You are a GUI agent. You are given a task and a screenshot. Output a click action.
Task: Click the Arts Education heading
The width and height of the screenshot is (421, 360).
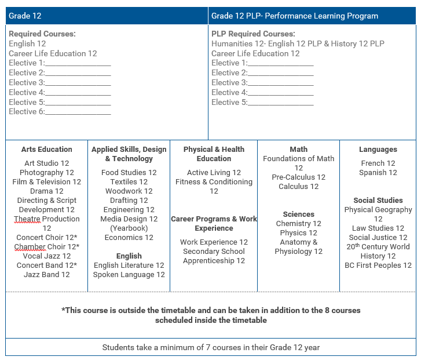47,150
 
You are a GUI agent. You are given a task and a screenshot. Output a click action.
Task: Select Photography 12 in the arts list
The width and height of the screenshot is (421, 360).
47,173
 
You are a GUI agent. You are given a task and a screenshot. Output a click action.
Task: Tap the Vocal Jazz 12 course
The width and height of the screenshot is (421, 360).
47,256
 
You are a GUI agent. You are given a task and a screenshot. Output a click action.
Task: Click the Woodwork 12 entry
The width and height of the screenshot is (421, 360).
129,191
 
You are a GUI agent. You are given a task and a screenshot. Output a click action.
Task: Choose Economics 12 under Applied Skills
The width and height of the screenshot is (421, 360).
129,238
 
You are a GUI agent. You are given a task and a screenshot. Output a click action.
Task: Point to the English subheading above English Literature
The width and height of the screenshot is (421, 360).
129,256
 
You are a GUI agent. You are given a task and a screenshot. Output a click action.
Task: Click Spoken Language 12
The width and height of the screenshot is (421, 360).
129,275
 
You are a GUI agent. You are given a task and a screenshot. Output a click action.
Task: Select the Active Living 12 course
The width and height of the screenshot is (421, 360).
214,173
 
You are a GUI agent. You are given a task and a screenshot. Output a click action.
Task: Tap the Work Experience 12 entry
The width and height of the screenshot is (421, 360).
214,242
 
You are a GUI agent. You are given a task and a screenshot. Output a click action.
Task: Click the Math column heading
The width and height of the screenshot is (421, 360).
298,150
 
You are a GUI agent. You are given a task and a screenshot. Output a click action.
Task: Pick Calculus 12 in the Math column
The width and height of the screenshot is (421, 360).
298,187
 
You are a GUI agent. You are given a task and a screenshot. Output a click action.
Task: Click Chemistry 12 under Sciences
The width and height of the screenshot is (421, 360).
298,224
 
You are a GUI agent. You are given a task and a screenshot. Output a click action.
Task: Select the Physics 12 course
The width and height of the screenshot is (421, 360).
298,233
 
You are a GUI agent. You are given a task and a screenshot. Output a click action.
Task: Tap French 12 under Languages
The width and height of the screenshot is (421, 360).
378,163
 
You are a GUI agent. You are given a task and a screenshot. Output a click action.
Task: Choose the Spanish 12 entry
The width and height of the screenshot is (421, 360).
378,173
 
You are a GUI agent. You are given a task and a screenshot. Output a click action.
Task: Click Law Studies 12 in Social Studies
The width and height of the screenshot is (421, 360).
378,228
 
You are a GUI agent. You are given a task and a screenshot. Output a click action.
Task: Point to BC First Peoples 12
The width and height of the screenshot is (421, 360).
378,266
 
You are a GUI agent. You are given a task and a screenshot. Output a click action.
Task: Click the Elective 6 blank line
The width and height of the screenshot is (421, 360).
78,112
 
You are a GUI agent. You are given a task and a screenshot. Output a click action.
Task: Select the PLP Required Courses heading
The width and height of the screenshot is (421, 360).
253,34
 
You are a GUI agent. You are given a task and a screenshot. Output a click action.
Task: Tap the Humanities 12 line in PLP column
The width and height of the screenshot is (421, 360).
298,44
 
